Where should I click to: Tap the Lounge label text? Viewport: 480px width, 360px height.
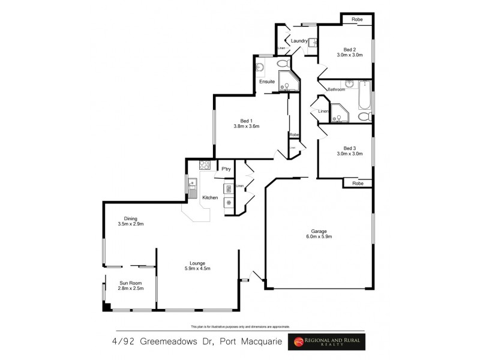197,263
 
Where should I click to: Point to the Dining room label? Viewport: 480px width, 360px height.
131,218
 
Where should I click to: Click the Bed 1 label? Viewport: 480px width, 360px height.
246,120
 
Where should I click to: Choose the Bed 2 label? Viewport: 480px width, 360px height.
350,49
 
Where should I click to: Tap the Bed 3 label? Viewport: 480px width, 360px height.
350,148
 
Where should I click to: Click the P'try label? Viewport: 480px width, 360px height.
226,169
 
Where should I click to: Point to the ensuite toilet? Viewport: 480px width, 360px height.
283,64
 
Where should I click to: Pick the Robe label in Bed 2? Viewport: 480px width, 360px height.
358,20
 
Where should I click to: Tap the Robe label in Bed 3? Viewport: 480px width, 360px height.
358,183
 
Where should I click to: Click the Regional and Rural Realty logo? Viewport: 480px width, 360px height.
329,342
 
